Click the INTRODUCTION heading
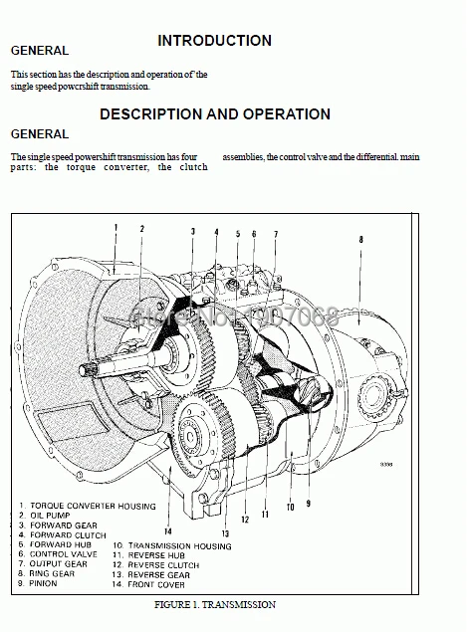click(x=214, y=41)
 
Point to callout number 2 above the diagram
click(x=141, y=228)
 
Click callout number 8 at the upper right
click(x=360, y=239)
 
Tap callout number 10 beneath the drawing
click(x=290, y=506)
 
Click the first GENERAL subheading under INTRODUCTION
click(x=39, y=50)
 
